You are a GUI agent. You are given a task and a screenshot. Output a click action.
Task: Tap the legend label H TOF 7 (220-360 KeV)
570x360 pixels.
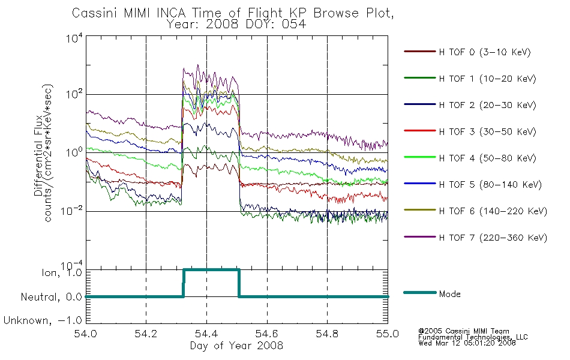point(493,238)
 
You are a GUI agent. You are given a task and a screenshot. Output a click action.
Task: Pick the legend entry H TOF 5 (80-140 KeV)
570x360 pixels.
point(490,185)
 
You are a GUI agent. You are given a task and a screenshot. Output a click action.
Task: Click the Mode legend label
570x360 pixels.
point(449,294)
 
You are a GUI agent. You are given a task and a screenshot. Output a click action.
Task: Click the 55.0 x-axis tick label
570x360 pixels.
point(388,334)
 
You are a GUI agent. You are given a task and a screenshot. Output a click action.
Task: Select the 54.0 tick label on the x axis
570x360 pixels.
point(85,334)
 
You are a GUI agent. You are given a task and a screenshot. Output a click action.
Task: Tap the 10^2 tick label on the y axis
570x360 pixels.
point(74,94)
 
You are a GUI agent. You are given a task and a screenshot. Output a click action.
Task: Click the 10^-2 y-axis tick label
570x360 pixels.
point(73,211)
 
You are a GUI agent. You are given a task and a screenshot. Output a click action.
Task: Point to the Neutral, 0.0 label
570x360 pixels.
point(52,298)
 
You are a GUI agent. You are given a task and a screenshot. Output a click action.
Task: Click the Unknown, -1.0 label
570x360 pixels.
point(43,320)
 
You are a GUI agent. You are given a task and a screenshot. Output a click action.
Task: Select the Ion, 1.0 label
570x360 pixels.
point(61,272)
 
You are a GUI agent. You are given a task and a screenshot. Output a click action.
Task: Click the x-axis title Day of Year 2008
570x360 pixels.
point(236,346)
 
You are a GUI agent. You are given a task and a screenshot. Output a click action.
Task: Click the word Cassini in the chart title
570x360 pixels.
point(95,13)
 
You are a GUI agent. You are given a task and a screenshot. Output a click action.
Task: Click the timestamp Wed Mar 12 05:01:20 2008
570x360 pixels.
point(467,343)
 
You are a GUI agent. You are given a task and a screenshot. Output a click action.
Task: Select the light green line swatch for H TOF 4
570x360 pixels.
point(420,157)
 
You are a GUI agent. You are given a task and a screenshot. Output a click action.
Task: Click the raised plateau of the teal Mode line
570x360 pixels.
point(211,270)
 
